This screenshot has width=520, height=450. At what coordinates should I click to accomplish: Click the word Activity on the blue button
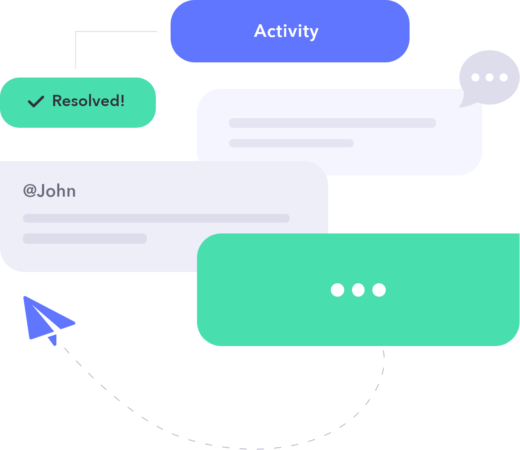pos(286,31)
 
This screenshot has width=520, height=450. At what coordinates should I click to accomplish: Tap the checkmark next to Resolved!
pos(36,101)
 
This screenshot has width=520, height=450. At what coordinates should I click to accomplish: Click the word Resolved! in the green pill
pos(88,101)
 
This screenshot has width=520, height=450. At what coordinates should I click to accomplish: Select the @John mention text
pos(49,191)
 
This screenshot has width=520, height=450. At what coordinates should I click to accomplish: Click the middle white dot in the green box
pos(358,290)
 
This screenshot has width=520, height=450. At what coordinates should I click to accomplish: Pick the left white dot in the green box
pos(337,290)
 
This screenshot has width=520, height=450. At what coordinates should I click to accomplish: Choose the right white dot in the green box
pos(379,290)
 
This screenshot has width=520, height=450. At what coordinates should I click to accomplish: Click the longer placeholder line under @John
pos(156,218)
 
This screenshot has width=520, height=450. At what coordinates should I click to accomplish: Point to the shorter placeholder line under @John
pos(85,239)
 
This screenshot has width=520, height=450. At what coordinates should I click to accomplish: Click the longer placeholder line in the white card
pos(332,123)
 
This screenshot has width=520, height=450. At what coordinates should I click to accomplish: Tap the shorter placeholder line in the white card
pos(291,143)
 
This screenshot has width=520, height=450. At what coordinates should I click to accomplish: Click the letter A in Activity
pos(260,31)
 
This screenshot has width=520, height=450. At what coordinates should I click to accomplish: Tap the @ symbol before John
pos(29,191)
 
